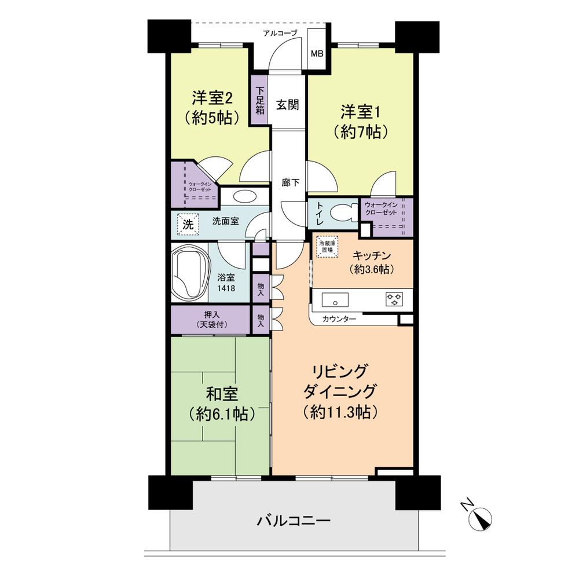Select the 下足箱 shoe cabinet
click(x=261, y=100)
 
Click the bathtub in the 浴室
click(x=189, y=273)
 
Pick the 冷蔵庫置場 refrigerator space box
click(x=327, y=247)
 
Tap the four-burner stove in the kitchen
click(x=395, y=299)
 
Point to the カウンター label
click(x=339, y=319)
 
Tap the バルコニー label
click(x=294, y=521)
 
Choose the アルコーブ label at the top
click(x=280, y=33)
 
